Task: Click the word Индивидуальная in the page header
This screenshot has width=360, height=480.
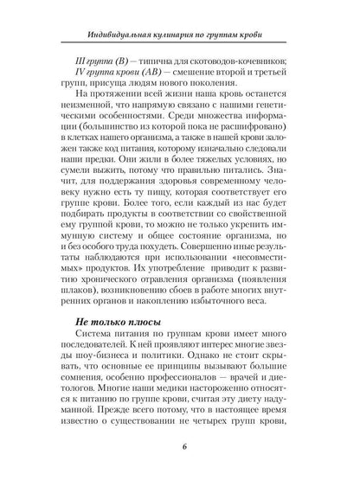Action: pyautogui.click(x=109, y=34)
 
